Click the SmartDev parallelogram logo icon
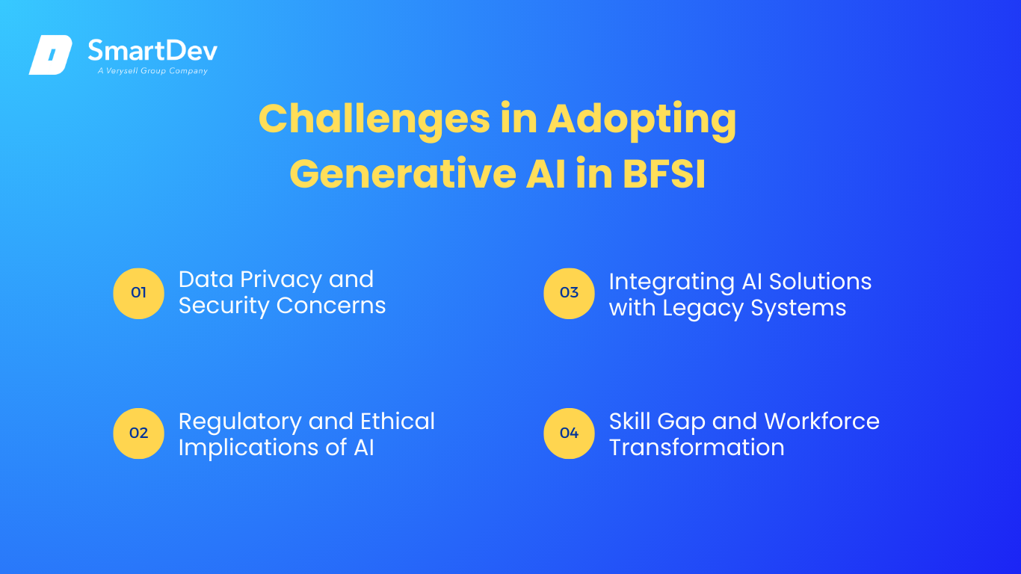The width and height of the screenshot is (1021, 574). (x=51, y=55)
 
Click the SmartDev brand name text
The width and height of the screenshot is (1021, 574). (x=152, y=50)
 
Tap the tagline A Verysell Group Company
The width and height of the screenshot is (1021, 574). (x=152, y=71)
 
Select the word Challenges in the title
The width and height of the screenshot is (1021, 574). (x=374, y=120)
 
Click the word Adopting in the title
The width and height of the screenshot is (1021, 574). (x=642, y=120)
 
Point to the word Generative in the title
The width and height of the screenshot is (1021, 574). (x=403, y=173)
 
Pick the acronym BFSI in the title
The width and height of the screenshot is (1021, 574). (x=664, y=173)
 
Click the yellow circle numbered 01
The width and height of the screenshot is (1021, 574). (x=138, y=293)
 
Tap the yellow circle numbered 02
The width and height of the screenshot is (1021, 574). (x=138, y=433)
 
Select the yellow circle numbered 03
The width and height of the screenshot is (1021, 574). (x=569, y=293)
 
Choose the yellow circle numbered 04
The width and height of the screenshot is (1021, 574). (x=569, y=433)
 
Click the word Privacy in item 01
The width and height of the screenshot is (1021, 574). (x=281, y=280)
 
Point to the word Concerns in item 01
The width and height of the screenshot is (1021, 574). (x=331, y=306)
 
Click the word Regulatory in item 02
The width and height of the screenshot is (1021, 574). (x=240, y=422)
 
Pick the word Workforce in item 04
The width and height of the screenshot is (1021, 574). (x=822, y=421)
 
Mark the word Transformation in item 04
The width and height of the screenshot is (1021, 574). (x=697, y=447)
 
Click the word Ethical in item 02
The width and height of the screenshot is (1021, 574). (x=398, y=421)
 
